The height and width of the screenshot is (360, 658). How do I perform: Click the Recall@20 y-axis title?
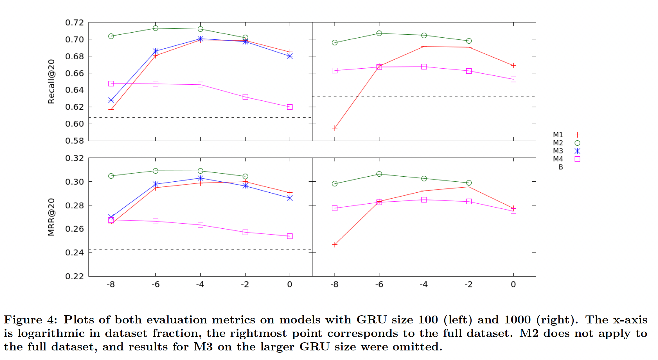pos(51,82)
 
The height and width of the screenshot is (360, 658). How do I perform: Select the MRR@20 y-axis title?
pos(51,217)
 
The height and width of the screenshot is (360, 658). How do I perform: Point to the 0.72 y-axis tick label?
pos(75,22)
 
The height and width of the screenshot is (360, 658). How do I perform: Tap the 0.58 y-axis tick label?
pos(75,141)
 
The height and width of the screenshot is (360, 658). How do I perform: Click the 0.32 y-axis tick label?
pos(75,158)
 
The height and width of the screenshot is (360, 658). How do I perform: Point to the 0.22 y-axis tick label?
pos(75,276)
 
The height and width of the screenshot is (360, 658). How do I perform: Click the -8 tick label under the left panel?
pos(111,284)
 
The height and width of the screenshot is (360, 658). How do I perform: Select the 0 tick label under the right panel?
pos(513,284)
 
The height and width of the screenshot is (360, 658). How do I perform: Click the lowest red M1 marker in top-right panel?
pos(335,128)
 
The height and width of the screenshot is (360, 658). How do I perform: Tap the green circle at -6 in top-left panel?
pos(156,28)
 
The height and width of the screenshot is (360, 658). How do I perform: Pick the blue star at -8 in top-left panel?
pos(111,100)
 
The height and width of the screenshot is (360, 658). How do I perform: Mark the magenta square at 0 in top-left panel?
pos(290,107)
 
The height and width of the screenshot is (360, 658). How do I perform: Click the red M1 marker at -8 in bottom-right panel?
pos(335,245)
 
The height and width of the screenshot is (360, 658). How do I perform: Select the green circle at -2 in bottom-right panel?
pos(469,183)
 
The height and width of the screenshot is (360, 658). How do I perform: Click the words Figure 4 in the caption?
pos(30,320)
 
